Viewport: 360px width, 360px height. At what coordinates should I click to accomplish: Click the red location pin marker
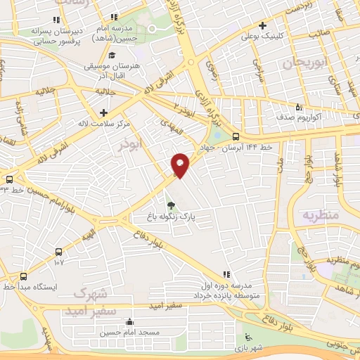181,165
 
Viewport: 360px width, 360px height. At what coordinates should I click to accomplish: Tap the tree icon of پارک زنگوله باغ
171,206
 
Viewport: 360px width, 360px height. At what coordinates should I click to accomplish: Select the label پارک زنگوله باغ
168,219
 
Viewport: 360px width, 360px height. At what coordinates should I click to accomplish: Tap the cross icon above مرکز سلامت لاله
103,112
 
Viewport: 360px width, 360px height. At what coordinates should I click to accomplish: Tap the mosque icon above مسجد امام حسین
129,323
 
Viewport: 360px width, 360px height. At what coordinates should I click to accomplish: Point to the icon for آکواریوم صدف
298,107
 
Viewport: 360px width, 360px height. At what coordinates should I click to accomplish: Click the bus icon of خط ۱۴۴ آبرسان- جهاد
235,137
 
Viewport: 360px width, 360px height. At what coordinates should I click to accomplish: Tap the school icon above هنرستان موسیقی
111,55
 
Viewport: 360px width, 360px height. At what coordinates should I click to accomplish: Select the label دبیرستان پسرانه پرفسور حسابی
57,37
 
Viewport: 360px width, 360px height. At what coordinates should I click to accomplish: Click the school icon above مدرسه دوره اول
226,274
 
